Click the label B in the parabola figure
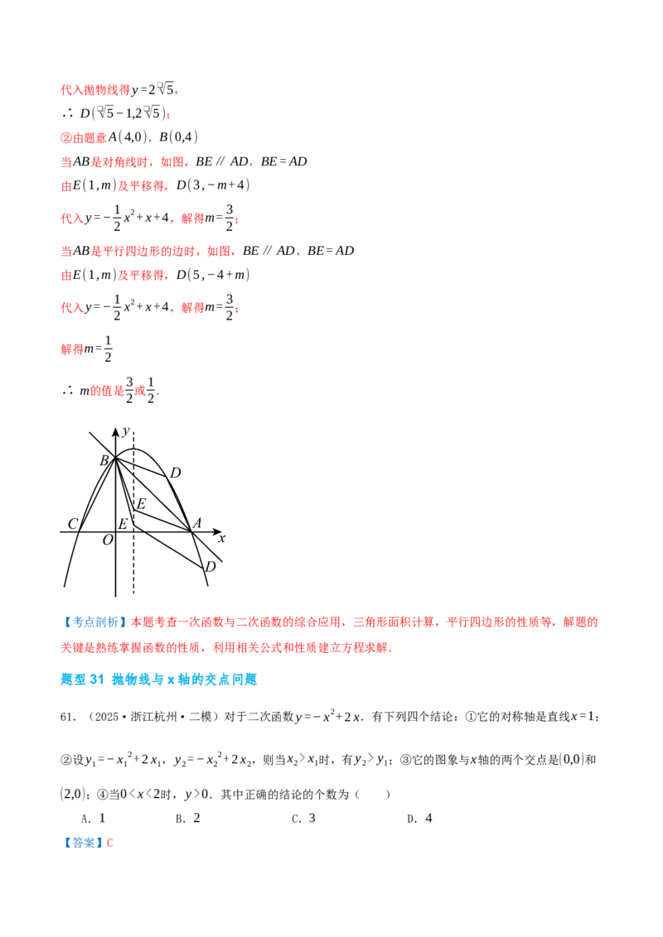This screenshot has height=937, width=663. [104, 460]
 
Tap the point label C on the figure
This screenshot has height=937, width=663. [73, 524]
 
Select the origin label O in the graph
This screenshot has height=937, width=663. [108, 541]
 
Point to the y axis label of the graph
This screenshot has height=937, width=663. [126, 431]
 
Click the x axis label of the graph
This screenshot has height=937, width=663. [221, 538]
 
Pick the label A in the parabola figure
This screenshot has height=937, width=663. [197, 523]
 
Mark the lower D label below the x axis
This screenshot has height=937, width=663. [210, 566]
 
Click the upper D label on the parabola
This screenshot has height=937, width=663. [175, 473]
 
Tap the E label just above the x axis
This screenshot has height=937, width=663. [123, 524]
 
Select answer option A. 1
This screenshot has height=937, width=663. [94, 819]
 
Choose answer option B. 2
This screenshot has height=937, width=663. [188, 819]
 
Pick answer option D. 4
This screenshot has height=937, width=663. [419, 819]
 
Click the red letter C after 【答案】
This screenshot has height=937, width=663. [109, 843]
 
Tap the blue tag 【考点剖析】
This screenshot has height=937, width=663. [95, 622]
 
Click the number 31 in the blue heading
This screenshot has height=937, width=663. [97, 680]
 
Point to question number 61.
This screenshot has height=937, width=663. [67, 717]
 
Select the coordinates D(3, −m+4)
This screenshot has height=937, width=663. [213, 185]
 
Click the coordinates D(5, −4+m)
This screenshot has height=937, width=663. [213, 275]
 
